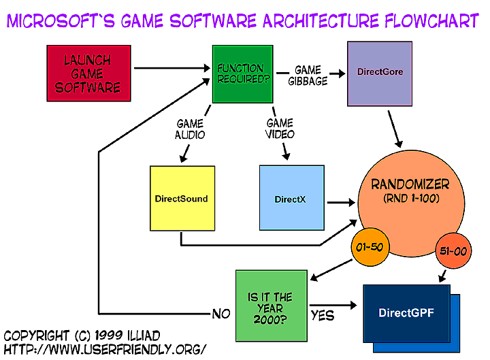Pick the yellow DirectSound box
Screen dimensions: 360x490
tap(182, 198)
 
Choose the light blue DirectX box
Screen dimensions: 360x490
tap(293, 198)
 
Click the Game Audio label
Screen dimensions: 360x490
tap(191, 129)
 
